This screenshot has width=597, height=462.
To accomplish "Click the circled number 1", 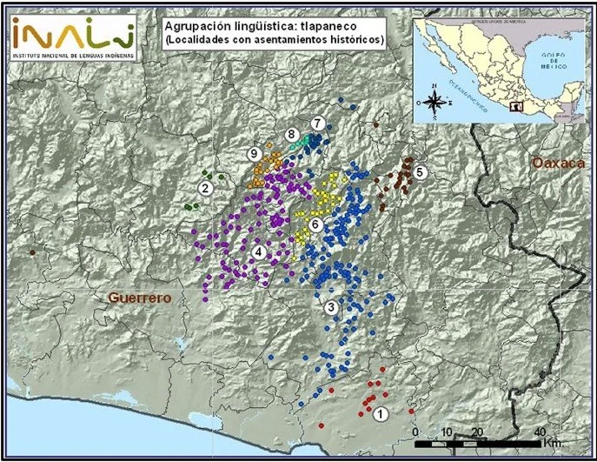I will [380, 414].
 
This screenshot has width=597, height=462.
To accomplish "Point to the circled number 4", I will [258, 251].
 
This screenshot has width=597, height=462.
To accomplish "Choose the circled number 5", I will [420, 171].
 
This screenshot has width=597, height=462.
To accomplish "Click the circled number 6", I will [316, 224].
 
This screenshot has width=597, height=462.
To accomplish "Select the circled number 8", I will [292, 134].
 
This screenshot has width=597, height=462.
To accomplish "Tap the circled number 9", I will [254, 153].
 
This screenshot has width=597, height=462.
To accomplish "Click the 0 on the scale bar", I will [415, 432].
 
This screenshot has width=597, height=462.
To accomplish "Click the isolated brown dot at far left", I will [32, 252].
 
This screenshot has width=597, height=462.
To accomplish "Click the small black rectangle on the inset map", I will [518, 107].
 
